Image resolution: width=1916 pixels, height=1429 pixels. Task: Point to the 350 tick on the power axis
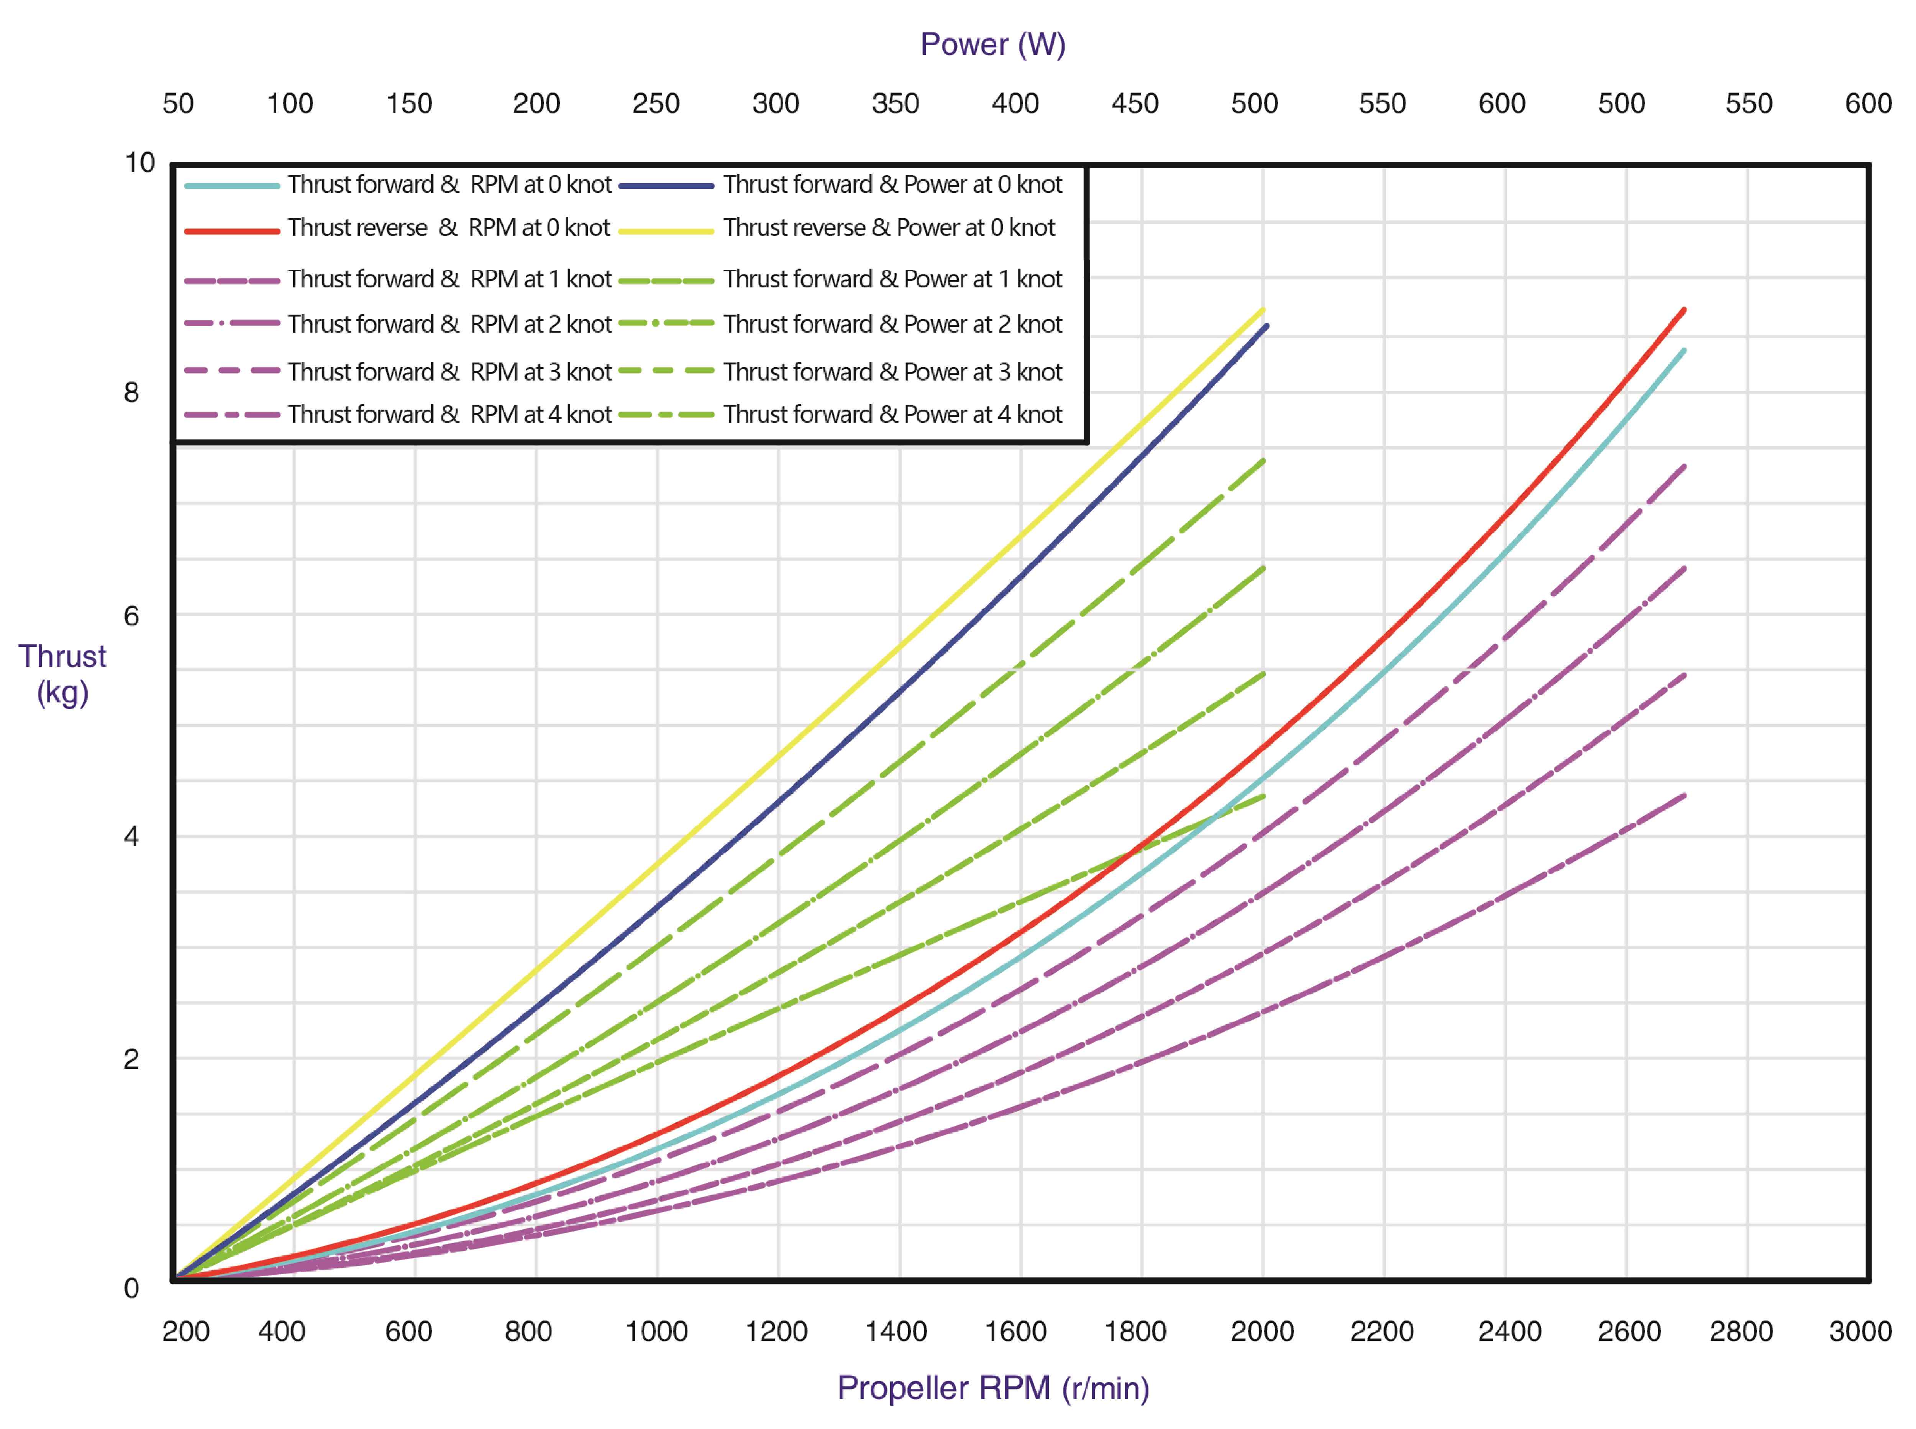coord(895,104)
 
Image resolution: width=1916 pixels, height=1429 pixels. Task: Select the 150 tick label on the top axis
coord(409,104)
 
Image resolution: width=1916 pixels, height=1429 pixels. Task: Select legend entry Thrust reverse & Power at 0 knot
coord(888,228)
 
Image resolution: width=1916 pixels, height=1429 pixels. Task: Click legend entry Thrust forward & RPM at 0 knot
coord(449,184)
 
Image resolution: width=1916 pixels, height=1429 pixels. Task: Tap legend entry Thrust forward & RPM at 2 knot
coord(449,324)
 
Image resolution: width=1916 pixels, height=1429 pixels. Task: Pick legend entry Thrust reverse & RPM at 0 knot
coord(448,228)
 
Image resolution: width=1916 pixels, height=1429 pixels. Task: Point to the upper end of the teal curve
coord(1683,350)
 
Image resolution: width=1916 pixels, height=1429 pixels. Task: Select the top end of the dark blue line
coord(1266,326)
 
